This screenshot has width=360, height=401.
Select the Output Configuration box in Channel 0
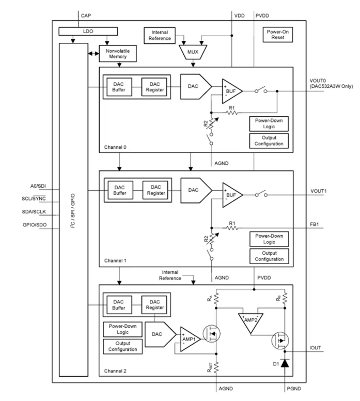pos(268,140)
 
